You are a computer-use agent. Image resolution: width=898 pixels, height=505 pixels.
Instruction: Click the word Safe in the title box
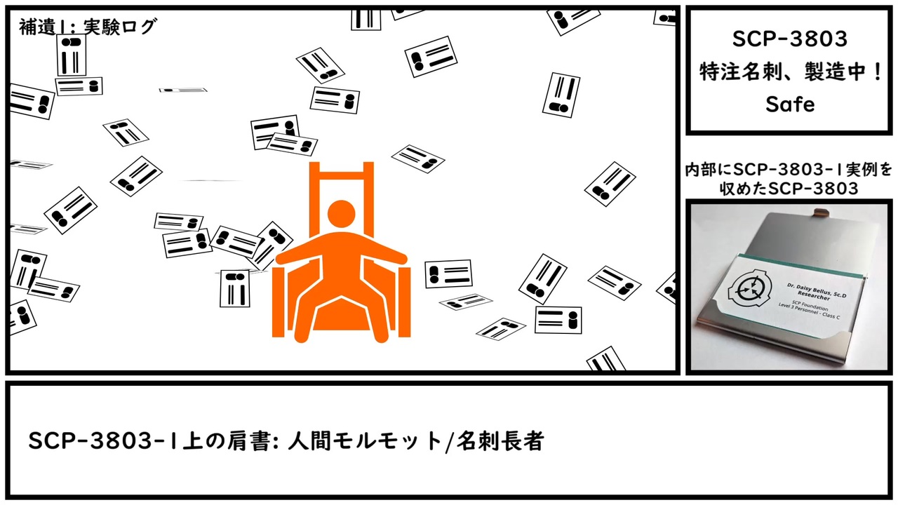pos(790,105)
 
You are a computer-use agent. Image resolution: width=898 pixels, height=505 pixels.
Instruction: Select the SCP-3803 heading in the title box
pos(790,39)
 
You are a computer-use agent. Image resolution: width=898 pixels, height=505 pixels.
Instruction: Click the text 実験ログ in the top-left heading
pos(119,27)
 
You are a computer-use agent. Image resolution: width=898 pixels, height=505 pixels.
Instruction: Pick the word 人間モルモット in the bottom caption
pos(366,441)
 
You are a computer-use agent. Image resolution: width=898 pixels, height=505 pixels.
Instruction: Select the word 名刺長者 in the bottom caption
pos(500,441)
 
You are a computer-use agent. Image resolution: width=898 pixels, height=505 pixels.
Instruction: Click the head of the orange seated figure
pos(341,214)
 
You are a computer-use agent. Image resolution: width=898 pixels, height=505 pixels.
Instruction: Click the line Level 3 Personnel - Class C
pos(809,311)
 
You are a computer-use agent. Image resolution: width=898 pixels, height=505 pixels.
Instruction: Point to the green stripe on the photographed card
pos(798,264)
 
